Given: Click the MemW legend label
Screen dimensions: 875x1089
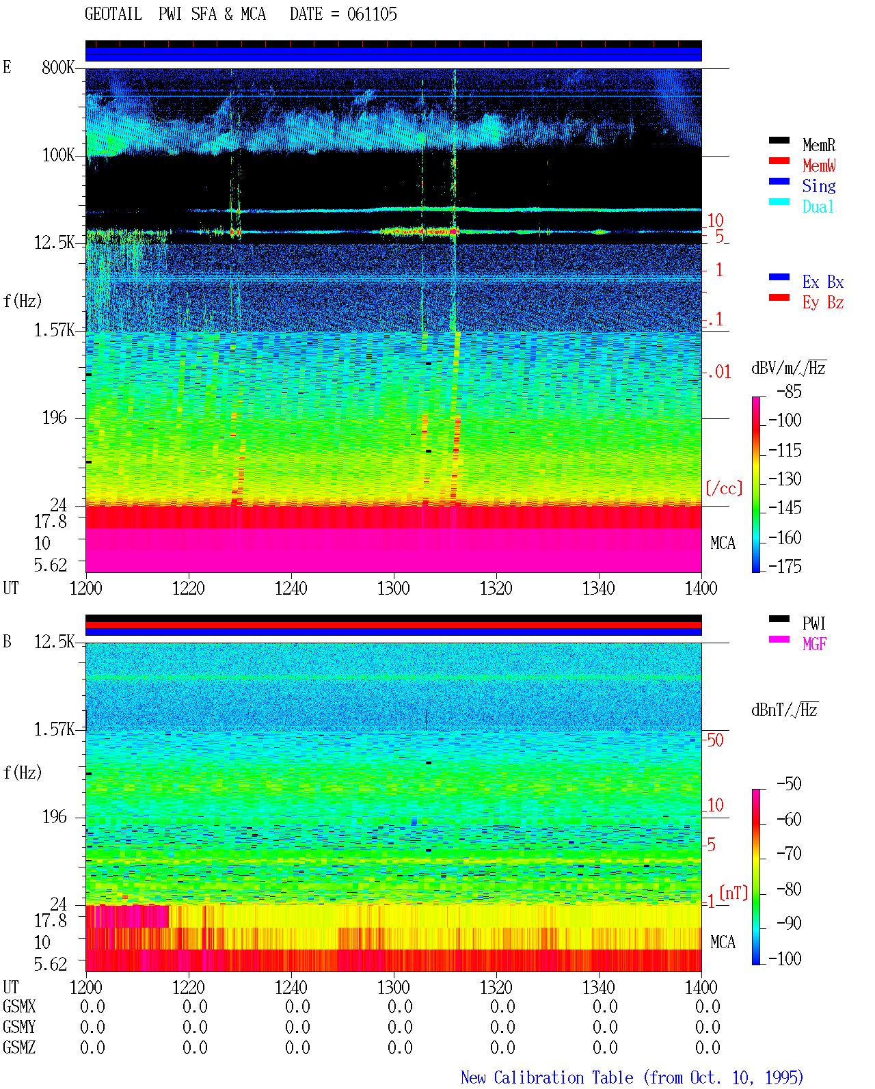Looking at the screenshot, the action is point(818,165).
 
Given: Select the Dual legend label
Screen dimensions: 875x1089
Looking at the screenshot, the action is point(818,206).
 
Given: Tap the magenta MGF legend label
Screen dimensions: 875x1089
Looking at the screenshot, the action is point(813,644).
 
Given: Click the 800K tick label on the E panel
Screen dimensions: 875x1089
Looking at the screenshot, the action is point(57,67).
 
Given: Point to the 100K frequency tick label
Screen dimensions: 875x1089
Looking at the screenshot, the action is point(58,155).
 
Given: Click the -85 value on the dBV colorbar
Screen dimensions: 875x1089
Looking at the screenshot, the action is point(789,392).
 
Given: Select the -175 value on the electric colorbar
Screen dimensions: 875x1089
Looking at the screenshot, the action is point(785,566).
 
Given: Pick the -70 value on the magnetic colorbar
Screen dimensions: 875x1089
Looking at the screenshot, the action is point(789,854).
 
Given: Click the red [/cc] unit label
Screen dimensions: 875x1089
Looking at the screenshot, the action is point(724,488).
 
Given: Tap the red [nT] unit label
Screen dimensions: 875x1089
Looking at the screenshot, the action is point(733,893).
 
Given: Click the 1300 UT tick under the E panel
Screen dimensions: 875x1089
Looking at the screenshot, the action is point(393,588).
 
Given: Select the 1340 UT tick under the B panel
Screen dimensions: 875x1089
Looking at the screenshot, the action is point(599,987).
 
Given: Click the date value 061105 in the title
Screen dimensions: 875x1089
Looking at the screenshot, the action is point(372,14).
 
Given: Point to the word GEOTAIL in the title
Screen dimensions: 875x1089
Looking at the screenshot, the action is point(113,14).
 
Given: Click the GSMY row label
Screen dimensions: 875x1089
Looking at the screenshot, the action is point(19,1027).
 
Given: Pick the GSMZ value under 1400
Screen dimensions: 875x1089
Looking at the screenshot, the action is point(708,1047).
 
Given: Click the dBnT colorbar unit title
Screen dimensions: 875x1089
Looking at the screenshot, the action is point(784,710).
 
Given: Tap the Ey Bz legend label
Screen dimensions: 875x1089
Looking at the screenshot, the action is point(822,303).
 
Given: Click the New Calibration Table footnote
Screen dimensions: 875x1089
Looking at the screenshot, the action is point(632,1077).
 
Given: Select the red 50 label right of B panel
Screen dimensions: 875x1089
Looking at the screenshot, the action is point(715,740).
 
